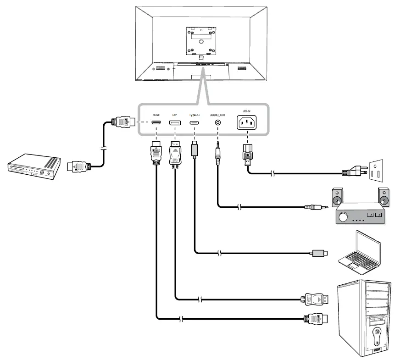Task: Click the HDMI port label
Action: click(156, 115)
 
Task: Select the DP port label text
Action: click(174, 115)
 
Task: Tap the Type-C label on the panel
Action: click(195, 115)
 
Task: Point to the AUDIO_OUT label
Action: click(217, 115)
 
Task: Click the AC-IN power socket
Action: click(247, 123)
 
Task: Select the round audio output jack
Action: click(217, 123)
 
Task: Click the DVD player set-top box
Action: click(34, 168)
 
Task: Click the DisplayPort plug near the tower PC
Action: click(314, 300)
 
